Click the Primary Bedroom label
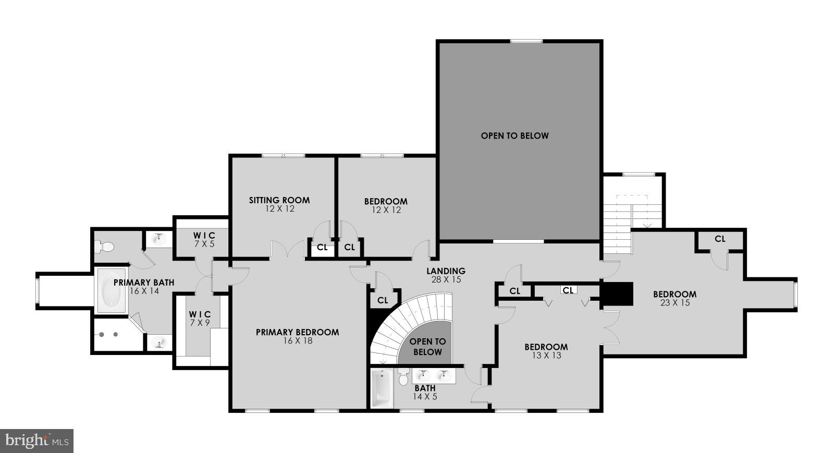(297, 336)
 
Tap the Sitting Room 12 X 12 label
(279, 204)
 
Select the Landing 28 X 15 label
(446, 275)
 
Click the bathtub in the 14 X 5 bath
(381, 388)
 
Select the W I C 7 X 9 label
(200, 319)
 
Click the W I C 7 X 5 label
(201, 240)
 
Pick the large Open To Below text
(514, 136)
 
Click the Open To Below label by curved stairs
(427, 347)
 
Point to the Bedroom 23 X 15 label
(674, 298)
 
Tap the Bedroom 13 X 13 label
(546, 351)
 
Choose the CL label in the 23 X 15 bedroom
(719, 239)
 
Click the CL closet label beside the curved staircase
(383, 300)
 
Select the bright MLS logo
(36, 441)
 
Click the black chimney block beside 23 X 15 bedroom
(618, 294)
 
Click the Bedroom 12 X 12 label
(386, 205)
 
